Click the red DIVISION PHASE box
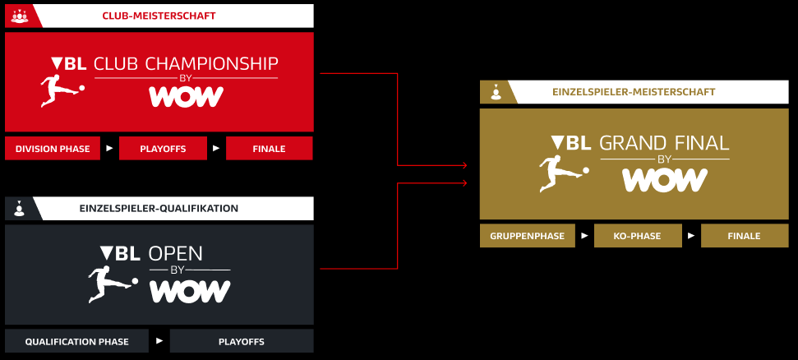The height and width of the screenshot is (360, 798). click(x=53, y=149)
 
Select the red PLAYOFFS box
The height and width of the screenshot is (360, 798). click(x=163, y=149)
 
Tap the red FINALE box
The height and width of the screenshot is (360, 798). click(x=270, y=149)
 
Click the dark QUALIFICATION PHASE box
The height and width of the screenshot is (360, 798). click(x=77, y=341)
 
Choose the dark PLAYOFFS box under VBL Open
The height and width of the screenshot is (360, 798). click(x=242, y=341)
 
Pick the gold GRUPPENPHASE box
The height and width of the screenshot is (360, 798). click(x=528, y=236)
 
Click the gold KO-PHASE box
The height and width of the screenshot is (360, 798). click(x=638, y=236)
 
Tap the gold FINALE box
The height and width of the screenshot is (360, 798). click(x=745, y=236)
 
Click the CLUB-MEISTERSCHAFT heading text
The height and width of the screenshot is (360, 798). click(x=159, y=16)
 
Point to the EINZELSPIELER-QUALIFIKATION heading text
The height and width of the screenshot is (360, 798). click(x=159, y=208)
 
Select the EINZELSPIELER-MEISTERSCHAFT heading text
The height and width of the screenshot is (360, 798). click(x=634, y=92)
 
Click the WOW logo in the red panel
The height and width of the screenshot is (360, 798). click(x=187, y=97)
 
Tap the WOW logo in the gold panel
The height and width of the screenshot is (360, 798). click(x=665, y=180)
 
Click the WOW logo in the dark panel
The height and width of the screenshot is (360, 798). click(x=190, y=291)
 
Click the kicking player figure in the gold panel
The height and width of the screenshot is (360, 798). click(x=564, y=173)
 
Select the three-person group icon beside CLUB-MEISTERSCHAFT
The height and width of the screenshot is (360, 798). click(x=20, y=16)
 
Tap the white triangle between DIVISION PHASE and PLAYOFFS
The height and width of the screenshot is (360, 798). click(x=109, y=149)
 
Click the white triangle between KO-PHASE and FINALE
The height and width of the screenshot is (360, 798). click(x=691, y=236)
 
